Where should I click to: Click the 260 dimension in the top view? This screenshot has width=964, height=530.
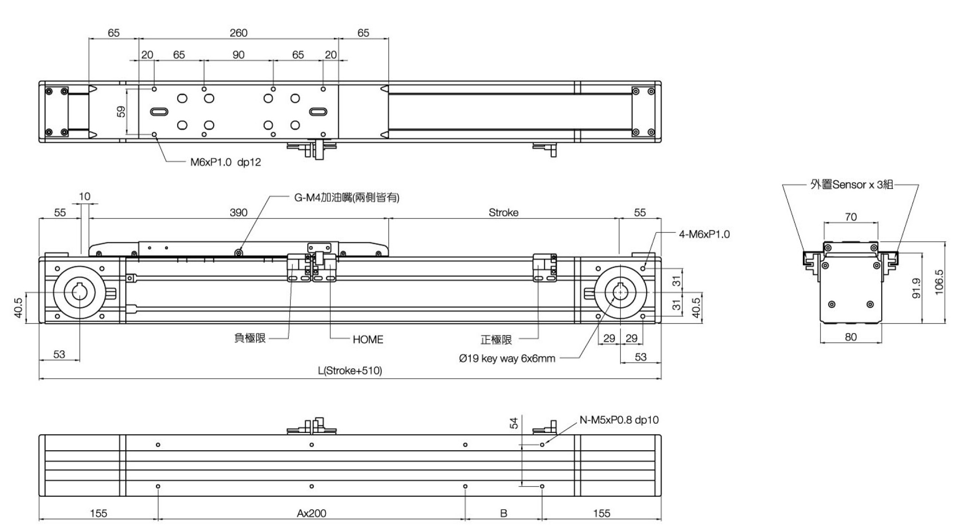click(238, 33)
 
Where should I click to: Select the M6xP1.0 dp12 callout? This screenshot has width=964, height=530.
click(225, 162)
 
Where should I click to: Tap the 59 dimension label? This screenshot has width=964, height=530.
click(121, 111)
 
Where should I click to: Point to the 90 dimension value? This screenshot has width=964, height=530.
click(238, 55)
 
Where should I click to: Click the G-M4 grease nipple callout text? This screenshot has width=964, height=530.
click(346, 198)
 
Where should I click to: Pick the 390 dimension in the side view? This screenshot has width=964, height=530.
click(238, 213)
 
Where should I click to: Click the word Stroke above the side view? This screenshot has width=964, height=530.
click(503, 213)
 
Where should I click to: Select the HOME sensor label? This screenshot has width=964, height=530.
click(368, 339)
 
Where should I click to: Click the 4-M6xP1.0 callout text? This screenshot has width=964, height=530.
click(704, 234)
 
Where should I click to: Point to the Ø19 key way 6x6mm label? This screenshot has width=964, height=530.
click(507, 359)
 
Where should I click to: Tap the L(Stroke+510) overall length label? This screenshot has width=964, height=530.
click(350, 370)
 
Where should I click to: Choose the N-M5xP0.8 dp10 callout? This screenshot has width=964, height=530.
click(619, 420)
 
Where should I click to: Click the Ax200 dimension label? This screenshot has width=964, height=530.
click(311, 513)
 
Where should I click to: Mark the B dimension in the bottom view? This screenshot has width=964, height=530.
click(503, 513)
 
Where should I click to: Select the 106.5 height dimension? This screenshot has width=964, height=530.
click(939, 282)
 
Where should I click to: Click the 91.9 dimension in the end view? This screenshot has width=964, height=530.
click(916, 288)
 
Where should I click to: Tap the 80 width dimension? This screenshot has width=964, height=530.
click(851, 337)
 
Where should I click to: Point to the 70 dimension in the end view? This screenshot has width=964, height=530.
click(851, 217)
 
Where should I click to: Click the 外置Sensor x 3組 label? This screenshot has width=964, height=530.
click(851, 184)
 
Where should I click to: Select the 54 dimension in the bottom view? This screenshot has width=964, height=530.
click(514, 423)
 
